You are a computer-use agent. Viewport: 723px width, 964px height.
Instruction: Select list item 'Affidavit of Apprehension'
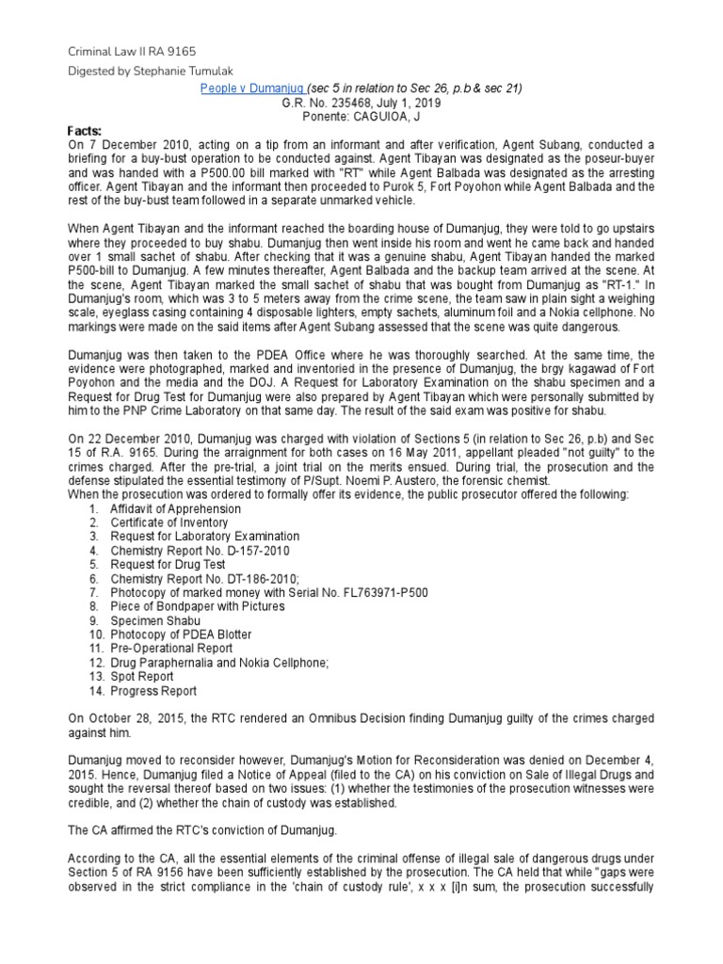pyautogui.click(x=175, y=509)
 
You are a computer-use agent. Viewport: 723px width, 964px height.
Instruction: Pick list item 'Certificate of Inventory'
pyautogui.click(x=169, y=522)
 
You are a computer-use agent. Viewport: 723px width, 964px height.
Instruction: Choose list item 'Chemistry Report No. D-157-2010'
pyautogui.click(x=201, y=550)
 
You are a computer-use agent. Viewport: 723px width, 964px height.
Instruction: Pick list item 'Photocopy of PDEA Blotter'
pyautogui.click(x=181, y=635)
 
